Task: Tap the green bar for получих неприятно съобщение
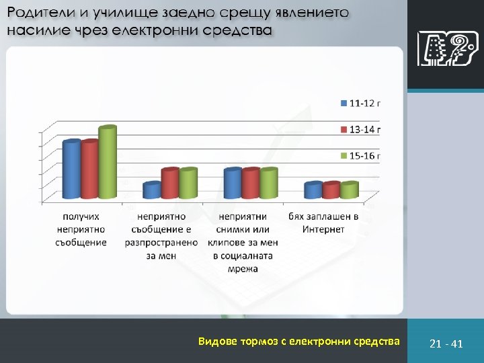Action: [x=107, y=163]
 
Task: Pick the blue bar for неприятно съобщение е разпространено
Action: [x=152, y=190]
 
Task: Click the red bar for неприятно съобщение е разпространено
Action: [x=170, y=184]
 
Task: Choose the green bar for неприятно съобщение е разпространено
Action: [x=188, y=184]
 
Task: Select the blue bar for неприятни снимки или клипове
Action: [x=233, y=184]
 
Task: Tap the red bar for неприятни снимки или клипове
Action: [x=250, y=184]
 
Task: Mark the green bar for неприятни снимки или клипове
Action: [x=268, y=184]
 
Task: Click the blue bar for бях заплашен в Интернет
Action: [x=313, y=190]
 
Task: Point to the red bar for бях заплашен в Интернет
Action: [x=331, y=190]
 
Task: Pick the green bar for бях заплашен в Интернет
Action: [x=349, y=190]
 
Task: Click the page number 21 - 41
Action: [x=446, y=344]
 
